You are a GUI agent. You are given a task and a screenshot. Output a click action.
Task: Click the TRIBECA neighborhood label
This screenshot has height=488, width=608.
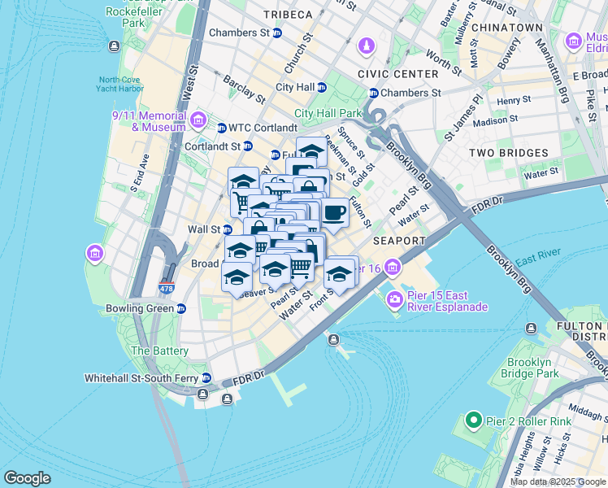287,15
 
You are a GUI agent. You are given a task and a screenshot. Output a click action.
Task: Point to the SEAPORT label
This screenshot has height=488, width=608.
399,242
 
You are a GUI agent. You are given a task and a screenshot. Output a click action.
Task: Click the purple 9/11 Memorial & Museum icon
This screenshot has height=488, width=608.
198,121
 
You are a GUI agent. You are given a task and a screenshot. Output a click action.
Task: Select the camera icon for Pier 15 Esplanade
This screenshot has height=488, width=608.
396,300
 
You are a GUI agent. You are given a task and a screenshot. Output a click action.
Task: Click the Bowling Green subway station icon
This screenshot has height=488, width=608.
182,309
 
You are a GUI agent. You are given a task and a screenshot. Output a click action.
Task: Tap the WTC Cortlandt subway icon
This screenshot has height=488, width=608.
221,128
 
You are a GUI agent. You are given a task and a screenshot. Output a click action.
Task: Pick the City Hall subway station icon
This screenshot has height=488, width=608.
322,87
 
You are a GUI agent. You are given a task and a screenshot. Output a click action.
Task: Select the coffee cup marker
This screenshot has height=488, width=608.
335,214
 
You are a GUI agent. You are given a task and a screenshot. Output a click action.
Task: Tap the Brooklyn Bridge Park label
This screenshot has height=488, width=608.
532,368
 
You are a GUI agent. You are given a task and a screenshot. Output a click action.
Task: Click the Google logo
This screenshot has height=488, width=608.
27,478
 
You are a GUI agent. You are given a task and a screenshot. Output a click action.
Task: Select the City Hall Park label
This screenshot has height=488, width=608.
328,113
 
